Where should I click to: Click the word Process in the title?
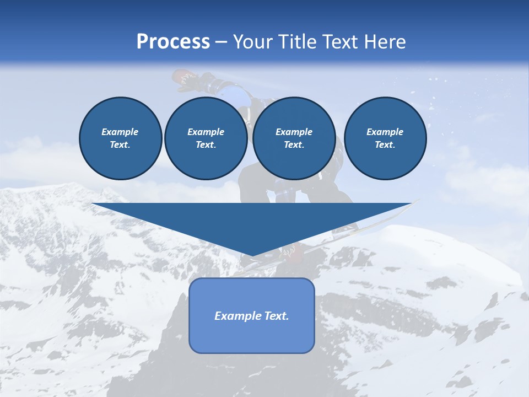(173, 42)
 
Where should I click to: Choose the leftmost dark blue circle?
(121, 138)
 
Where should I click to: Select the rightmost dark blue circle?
(385, 138)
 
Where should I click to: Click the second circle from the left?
(206, 138)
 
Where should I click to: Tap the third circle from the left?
(294, 138)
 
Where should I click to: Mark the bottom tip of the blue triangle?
(252, 256)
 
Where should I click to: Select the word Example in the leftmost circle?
(120, 132)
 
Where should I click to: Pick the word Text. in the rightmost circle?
(385, 145)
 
